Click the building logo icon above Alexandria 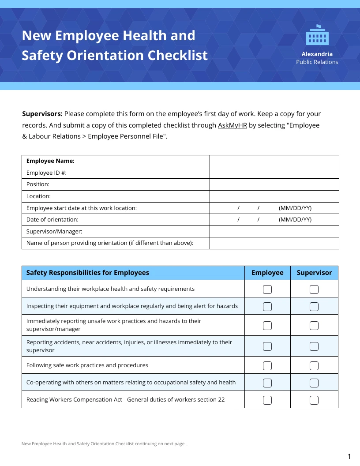(317, 35)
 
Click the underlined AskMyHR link (232, 125)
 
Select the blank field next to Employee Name (274, 161)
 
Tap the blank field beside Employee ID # (274, 173)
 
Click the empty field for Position (274, 184)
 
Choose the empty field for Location (274, 196)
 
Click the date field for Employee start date (274, 208)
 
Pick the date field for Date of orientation (274, 220)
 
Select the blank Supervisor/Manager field (274, 232)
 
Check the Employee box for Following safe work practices (267, 365)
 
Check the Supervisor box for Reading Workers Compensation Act (314, 400)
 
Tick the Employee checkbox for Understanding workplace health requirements (267, 289)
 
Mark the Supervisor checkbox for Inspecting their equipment (314, 307)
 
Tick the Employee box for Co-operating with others (267, 383)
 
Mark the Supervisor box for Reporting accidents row (314, 346)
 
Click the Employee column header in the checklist (267, 273)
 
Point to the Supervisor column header (314, 273)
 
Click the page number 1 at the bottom (349, 456)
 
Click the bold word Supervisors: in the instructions (42, 114)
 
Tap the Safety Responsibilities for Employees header (88, 273)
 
